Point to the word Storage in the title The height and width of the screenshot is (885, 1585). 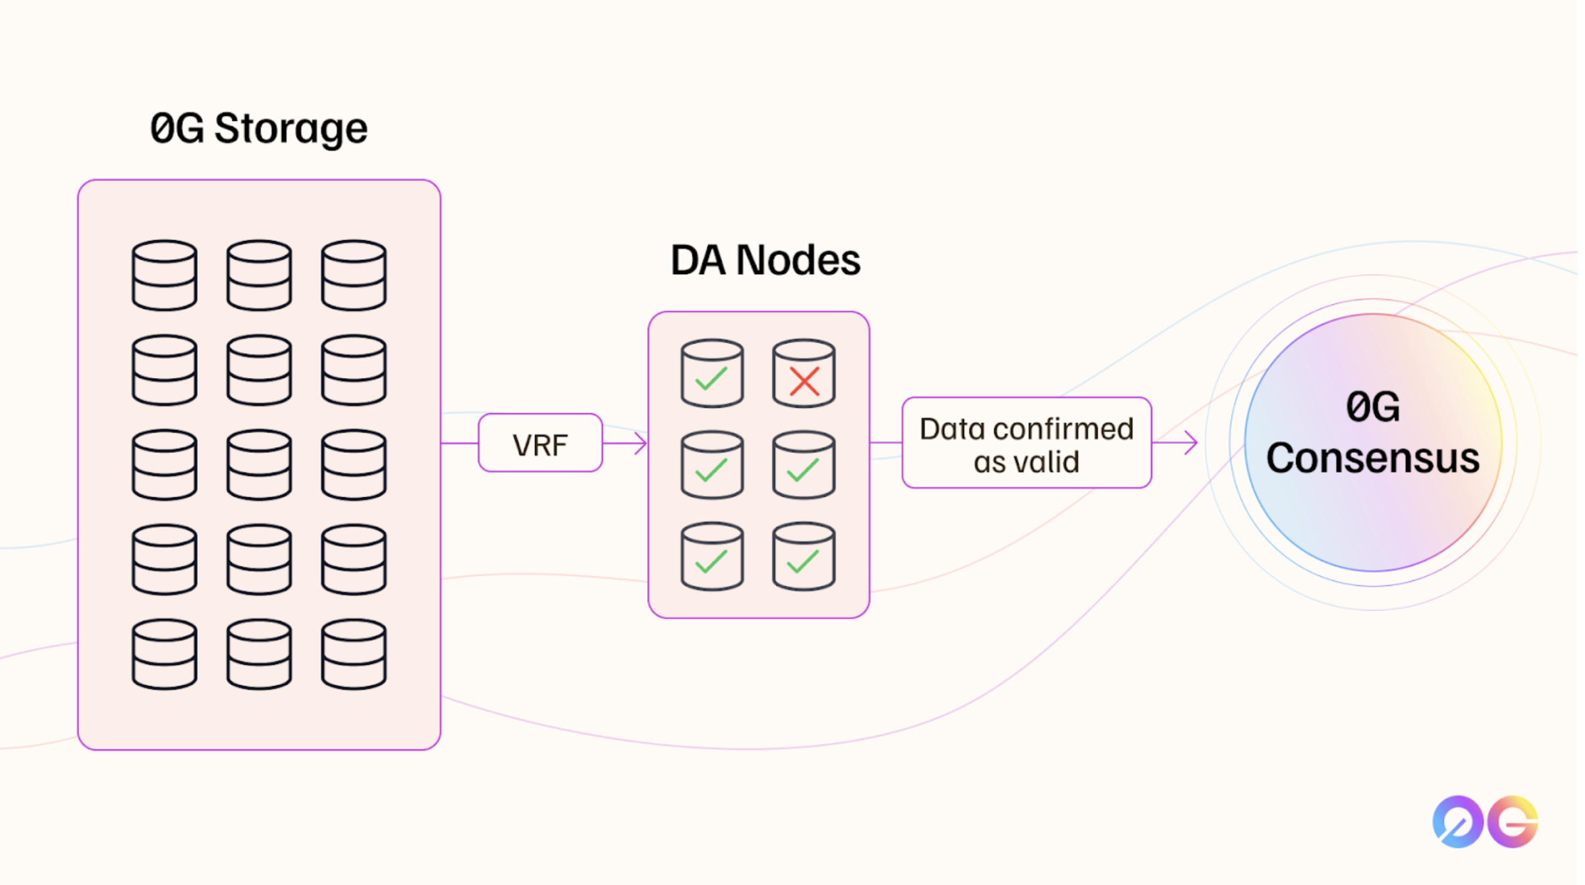292,128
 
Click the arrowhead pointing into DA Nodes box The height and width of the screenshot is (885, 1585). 642,444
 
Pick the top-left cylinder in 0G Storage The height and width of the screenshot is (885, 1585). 165,275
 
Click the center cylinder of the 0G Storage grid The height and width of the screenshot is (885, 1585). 260,465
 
